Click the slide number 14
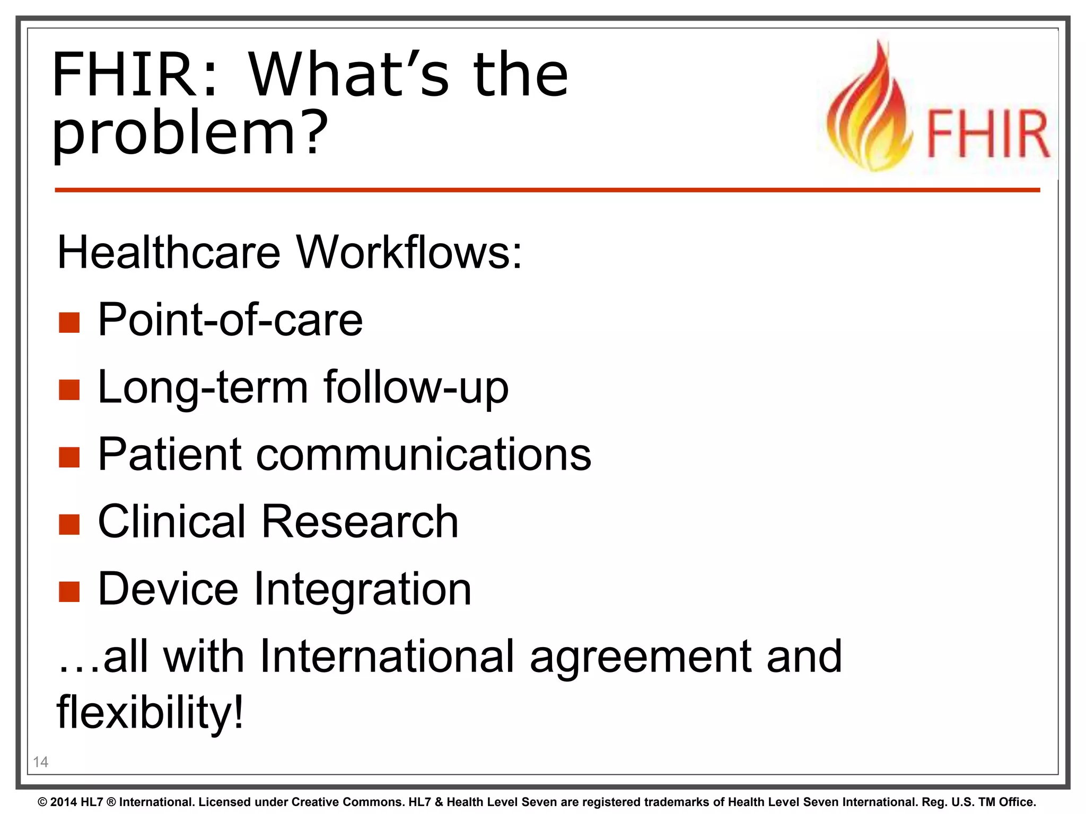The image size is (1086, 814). tap(40, 762)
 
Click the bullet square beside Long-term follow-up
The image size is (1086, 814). tap(69, 390)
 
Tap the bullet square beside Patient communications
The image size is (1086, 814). tap(69, 457)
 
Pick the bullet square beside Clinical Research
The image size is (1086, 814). tap(69, 524)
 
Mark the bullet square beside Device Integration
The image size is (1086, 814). tap(69, 591)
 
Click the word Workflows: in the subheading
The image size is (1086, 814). tap(409, 252)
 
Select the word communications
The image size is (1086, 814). tap(424, 455)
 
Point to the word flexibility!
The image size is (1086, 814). tap(150, 712)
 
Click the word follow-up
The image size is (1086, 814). tap(416, 387)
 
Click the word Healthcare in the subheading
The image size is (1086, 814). tap(169, 252)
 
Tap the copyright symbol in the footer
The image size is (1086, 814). tap(42, 802)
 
